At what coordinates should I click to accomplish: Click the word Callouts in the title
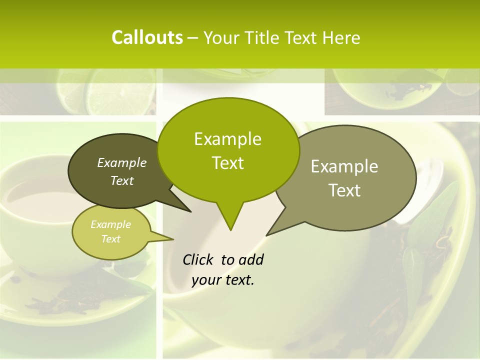[147, 37]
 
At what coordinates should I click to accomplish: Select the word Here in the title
[341, 38]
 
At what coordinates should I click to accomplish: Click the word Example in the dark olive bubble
[122, 162]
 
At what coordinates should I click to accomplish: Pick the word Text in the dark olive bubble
[122, 180]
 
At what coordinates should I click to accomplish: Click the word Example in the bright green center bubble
[227, 139]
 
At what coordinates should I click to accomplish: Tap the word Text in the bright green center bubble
[227, 163]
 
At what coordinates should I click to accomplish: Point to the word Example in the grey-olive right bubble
[344, 166]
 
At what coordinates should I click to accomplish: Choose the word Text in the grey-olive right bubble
[344, 190]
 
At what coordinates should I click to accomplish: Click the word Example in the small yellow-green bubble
[110, 224]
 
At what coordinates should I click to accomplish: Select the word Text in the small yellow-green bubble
[110, 239]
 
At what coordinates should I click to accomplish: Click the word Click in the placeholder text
[198, 259]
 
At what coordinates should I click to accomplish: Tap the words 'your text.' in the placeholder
[223, 280]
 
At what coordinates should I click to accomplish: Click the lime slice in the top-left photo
[121, 92]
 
